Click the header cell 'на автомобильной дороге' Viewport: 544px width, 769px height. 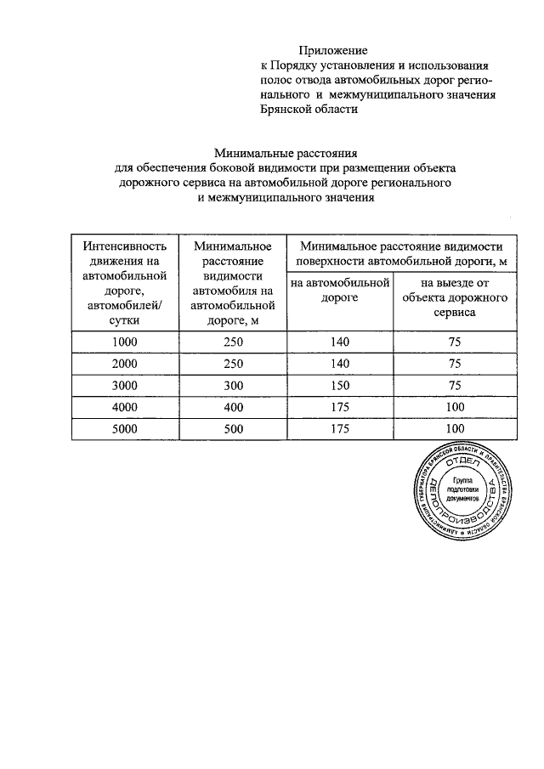(x=339, y=290)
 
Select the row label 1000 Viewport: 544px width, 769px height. (x=125, y=342)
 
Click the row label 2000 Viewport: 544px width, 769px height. (x=125, y=364)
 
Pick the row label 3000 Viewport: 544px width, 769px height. (x=125, y=385)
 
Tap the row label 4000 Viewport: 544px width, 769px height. (x=125, y=407)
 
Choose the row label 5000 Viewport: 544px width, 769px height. (x=125, y=429)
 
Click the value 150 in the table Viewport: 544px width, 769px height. (x=338, y=385)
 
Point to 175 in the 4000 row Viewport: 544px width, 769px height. (x=338, y=407)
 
